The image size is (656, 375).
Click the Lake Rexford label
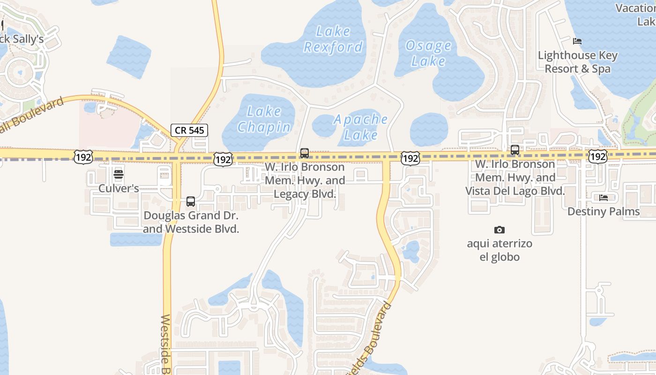click(333, 39)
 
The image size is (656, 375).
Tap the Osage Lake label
click(428, 53)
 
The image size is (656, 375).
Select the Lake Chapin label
click(264, 119)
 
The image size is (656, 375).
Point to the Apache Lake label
click(361, 127)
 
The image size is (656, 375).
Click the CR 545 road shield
click(189, 130)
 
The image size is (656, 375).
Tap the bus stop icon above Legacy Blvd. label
click(305, 153)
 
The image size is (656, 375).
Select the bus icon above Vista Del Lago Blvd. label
click(515, 150)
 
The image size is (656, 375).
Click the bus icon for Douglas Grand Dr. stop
click(191, 202)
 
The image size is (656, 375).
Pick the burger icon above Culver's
click(119, 175)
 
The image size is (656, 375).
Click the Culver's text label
click(119, 188)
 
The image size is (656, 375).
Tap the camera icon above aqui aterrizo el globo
click(499, 230)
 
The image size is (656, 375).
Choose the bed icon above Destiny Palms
click(604, 198)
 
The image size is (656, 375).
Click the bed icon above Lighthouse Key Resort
click(577, 41)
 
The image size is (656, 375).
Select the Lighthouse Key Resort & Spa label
click(578, 62)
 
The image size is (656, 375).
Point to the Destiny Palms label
click(604, 211)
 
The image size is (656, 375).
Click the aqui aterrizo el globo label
click(499, 250)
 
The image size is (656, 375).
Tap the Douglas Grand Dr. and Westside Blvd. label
click(191, 222)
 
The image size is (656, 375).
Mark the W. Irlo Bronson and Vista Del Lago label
click(515, 178)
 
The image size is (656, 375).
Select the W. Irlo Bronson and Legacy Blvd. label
click(305, 180)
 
